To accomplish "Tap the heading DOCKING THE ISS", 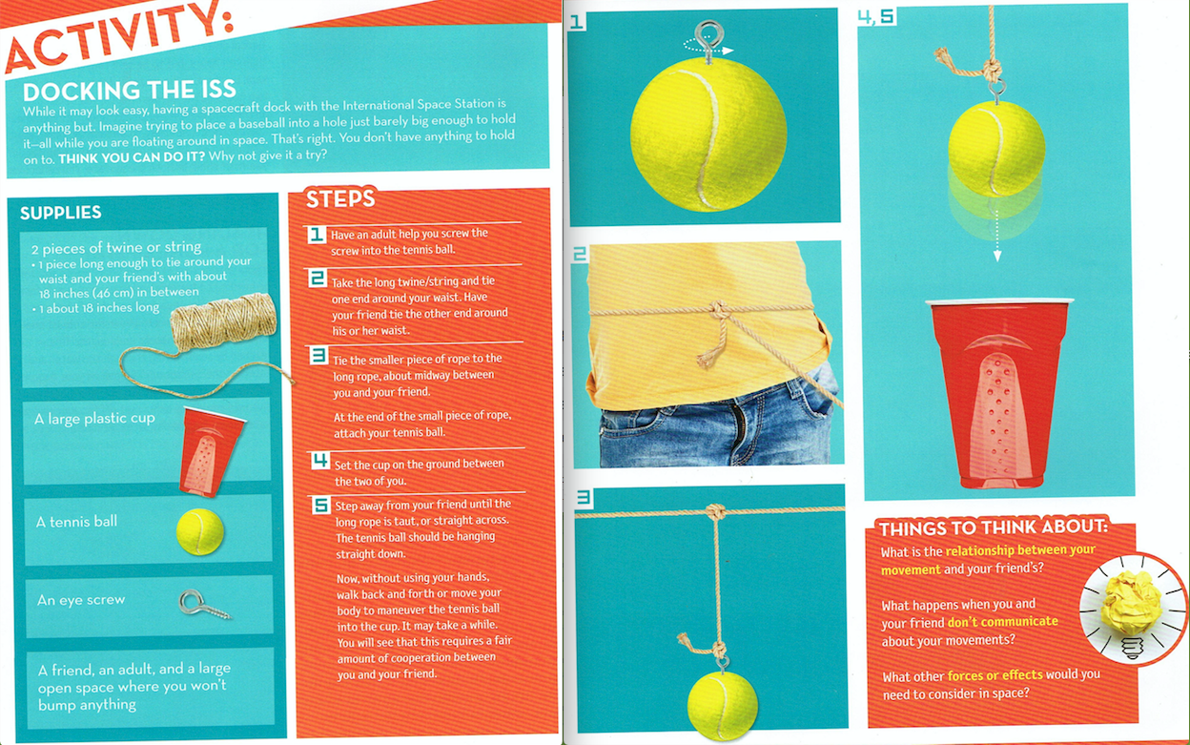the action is coord(129,91).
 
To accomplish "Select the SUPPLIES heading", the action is coord(61,213).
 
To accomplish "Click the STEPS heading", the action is coord(340,198).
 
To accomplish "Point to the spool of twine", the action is coord(223,322).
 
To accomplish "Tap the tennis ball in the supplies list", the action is coord(199,531).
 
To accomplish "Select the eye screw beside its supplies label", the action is coord(204,604).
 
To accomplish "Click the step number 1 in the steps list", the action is coord(317,235).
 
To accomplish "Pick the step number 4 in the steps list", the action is coord(320,460).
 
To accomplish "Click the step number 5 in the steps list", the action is coord(321,505).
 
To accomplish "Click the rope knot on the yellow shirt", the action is coord(718,309).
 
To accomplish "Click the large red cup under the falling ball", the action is coord(998,393).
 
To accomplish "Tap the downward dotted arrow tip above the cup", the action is coord(997,257).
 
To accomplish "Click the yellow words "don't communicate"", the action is coord(1002,622).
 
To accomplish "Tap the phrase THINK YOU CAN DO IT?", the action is coord(132,157).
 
